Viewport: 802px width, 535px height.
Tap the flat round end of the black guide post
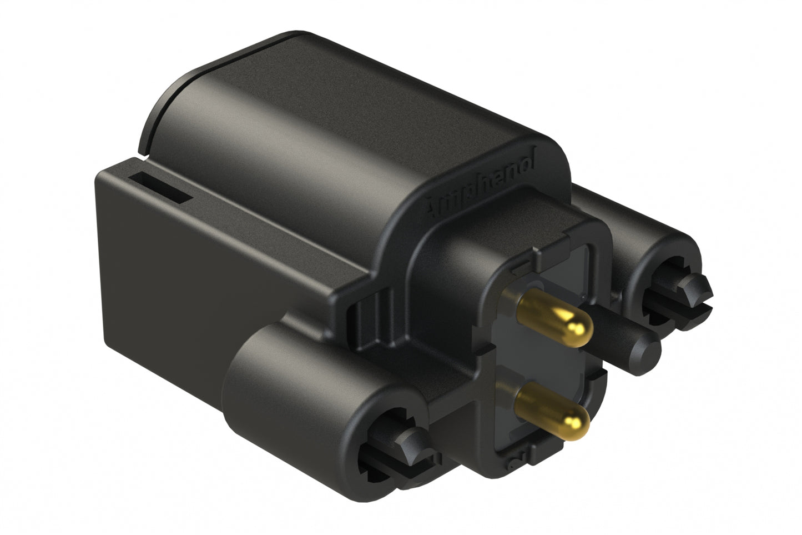[x=649, y=350]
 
